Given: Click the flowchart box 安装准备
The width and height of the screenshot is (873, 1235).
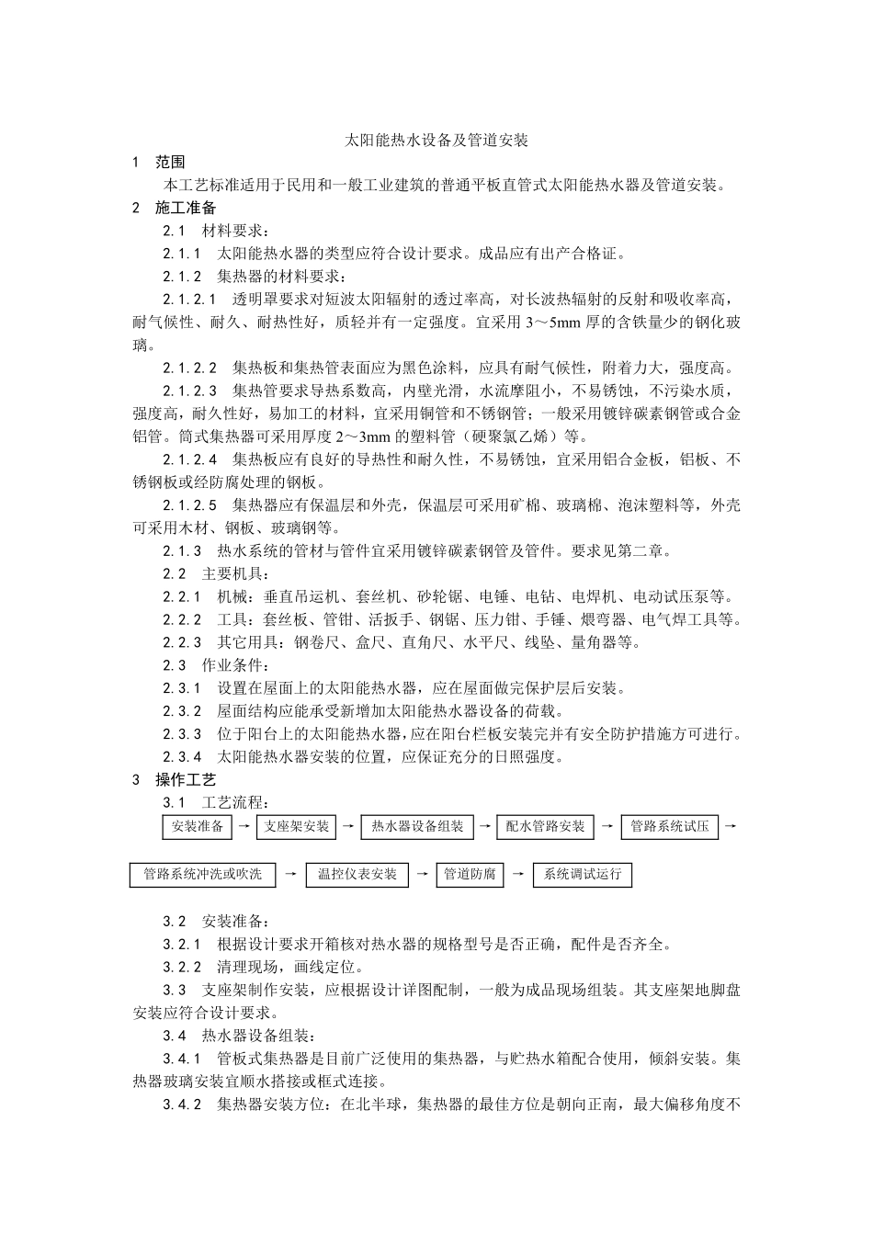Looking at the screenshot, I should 198,826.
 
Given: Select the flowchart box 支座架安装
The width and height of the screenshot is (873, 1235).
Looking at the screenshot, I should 296,826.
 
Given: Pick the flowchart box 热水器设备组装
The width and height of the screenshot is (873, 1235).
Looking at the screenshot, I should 417,826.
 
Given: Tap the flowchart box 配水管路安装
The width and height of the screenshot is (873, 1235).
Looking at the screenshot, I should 545,826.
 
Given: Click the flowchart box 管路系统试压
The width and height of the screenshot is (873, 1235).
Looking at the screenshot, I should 669,826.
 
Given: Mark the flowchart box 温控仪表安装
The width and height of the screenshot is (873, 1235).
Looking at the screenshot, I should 357,874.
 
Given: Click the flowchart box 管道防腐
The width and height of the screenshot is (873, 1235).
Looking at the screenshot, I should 470,874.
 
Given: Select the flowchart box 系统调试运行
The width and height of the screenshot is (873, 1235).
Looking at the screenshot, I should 583,874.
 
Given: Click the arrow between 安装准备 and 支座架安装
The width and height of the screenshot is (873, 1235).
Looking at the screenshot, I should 244,826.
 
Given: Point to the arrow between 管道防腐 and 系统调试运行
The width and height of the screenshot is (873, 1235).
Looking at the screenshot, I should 518,874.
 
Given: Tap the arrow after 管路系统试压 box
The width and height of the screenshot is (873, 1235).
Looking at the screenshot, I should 730,826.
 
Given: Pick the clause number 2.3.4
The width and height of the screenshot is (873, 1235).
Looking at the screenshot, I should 182,757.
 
